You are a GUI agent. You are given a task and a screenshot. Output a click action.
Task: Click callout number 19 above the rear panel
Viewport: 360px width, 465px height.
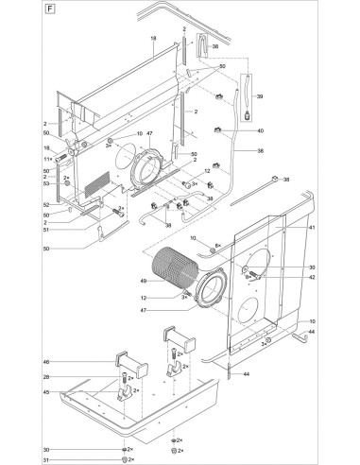coord(152,38)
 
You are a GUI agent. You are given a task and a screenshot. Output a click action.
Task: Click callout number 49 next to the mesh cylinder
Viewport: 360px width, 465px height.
coord(144,282)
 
